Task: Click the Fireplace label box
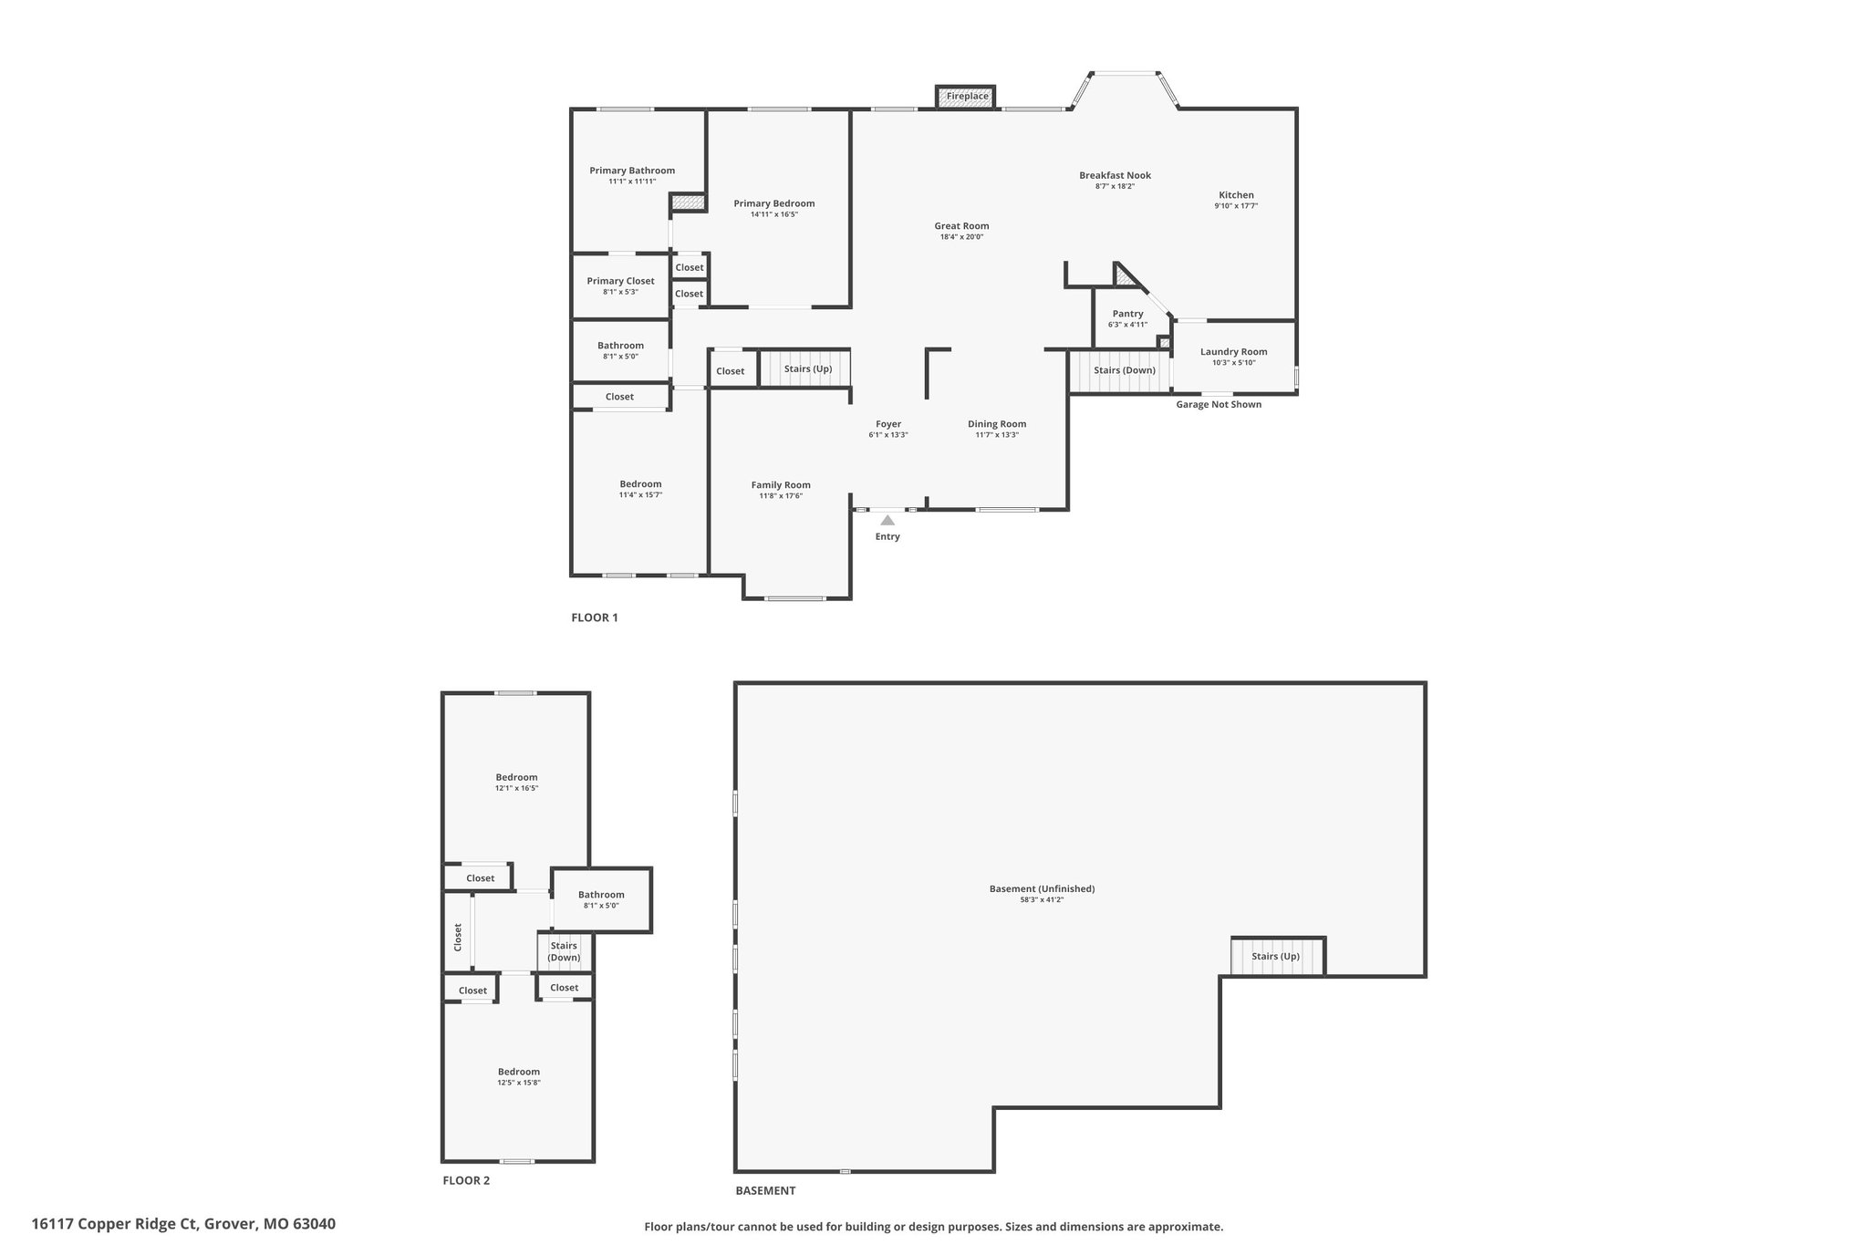coord(966,97)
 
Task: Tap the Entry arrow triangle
coord(887,520)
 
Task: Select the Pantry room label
coord(1127,314)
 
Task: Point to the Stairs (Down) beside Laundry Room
coord(1125,370)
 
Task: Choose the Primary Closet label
coord(620,281)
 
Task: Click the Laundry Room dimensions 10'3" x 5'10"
coord(1234,363)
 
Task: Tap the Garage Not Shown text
coord(1219,404)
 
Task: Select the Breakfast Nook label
coord(1115,175)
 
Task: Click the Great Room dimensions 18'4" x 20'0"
coord(961,237)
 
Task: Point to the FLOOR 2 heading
coord(466,1180)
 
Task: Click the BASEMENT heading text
coord(765,1190)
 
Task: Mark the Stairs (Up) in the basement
coord(1275,957)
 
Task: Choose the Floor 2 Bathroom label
coord(601,895)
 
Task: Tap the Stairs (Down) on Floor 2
coord(564,951)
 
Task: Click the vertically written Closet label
coord(458,937)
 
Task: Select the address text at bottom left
coord(183,1224)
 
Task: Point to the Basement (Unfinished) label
coord(1042,888)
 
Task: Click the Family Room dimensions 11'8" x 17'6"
coord(781,496)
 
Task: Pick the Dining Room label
coord(997,424)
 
